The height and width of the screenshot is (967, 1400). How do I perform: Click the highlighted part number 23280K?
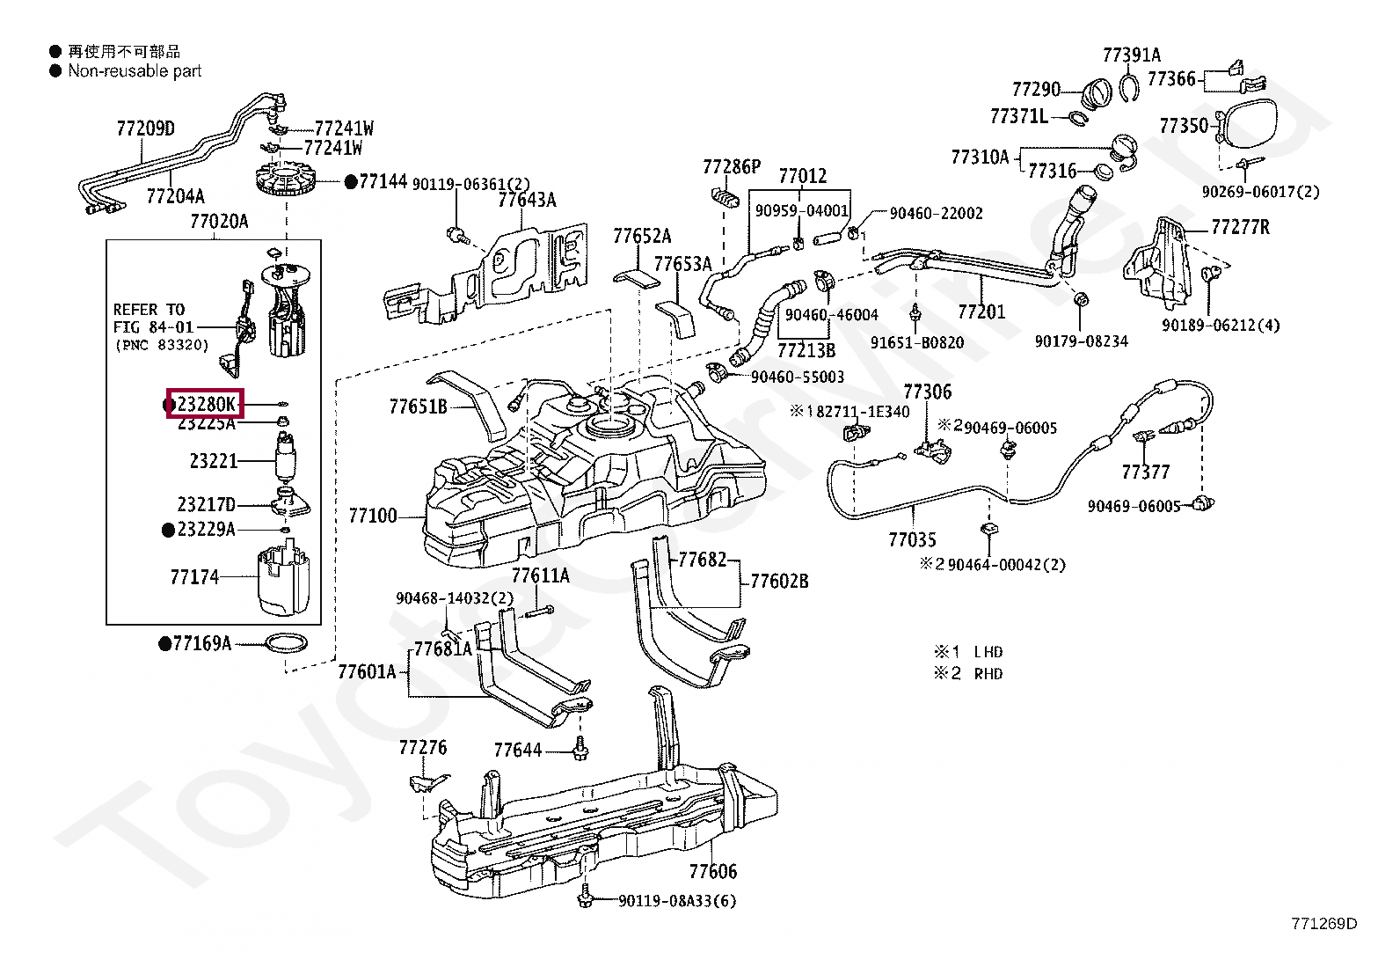pyautogui.click(x=207, y=404)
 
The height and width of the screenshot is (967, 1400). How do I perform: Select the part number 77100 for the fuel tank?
pyautogui.click(x=373, y=516)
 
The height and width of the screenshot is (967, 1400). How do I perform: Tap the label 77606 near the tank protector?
pyautogui.click(x=713, y=871)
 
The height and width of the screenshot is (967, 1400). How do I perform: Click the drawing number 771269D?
pyautogui.click(x=1324, y=923)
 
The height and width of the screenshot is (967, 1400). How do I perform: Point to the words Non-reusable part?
pyautogui.click(x=135, y=70)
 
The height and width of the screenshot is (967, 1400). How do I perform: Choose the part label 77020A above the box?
pyautogui.click(x=219, y=221)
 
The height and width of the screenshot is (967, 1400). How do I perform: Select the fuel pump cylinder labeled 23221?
pyautogui.click(x=286, y=458)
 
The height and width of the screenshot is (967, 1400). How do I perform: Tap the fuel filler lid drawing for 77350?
pyautogui.click(x=1248, y=125)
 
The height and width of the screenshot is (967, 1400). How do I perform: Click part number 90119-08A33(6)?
pyautogui.click(x=677, y=901)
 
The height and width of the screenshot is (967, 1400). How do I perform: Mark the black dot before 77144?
pyautogui.click(x=351, y=182)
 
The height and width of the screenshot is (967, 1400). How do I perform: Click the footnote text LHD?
pyautogui.click(x=988, y=652)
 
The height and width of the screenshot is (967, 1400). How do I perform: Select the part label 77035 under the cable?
pyautogui.click(x=912, y=539)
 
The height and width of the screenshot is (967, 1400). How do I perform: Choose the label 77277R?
pyautogui.click(x=1240, y=227)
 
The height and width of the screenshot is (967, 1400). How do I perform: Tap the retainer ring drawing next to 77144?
pyautogui.click(x=287, y=178)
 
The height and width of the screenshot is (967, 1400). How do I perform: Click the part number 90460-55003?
pyautogui.click(x=798, y=377)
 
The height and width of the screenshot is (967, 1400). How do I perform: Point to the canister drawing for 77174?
pyautogui.click(x=284, y=581)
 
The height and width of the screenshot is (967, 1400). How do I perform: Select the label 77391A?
pyautogui.click(x=1131, y=55)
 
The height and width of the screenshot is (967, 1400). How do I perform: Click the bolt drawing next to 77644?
pyautogui.click(x=580, y=748)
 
